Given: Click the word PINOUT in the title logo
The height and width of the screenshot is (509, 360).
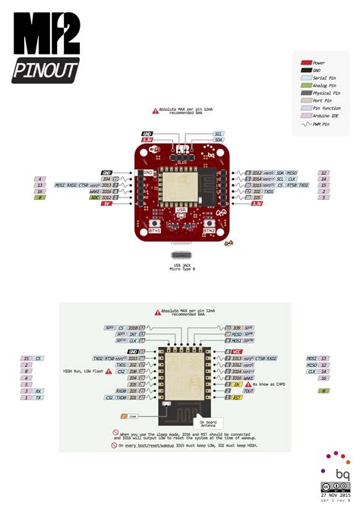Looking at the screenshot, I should tap(46, 71).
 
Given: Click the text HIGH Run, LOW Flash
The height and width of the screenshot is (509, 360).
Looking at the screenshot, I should tap(83, 371).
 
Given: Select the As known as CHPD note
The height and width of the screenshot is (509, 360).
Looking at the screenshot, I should tap(270, 385).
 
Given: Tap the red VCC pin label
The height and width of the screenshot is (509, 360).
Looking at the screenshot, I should tap(238, 352).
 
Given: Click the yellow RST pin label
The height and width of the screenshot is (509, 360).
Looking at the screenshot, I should tap(238, 397).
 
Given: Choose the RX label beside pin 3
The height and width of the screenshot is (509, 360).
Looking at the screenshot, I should tap(39, 391).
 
